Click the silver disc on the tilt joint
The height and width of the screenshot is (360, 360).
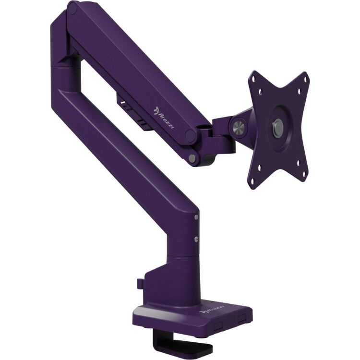(239, 128)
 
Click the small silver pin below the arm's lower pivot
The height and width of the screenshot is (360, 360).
(192, 158)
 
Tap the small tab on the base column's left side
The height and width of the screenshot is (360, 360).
(139, 284)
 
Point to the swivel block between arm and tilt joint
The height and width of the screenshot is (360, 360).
(218, 136)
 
